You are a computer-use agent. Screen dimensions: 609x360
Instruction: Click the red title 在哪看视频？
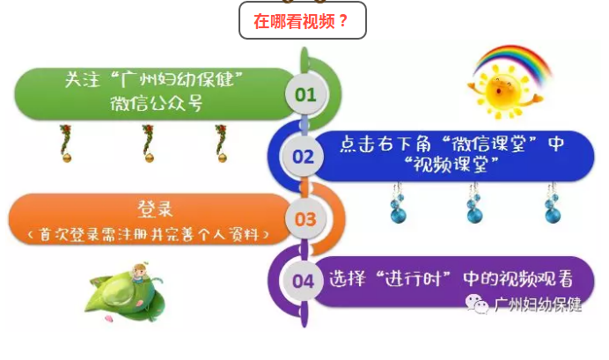pos(301,21)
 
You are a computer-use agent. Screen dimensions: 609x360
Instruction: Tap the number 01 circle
pos(305,94)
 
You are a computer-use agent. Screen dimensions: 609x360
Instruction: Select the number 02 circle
pos(303,157)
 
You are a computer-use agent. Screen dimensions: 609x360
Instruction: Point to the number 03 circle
pos(305,219)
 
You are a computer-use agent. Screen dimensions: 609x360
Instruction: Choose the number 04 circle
pos(303,281)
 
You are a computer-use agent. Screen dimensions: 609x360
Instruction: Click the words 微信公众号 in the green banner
pos(156,104)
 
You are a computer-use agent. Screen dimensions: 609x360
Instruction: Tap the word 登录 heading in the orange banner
pos(155,209)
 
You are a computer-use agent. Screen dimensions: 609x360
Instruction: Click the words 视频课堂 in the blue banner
pos(450,165)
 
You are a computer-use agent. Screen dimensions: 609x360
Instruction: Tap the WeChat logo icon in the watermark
pos(477,304)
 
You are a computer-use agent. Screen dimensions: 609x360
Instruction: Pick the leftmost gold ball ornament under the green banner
pos(67,158)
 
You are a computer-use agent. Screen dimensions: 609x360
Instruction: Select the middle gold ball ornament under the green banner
pos(149,158)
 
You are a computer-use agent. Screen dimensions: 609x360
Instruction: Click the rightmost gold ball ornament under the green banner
pos(222,158)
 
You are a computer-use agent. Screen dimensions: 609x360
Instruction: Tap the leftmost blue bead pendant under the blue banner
pos(398,203)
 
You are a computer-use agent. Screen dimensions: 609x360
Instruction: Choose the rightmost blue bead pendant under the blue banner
pos(553,203)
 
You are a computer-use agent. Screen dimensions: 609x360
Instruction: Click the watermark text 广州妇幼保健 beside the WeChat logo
pos(539,305)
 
